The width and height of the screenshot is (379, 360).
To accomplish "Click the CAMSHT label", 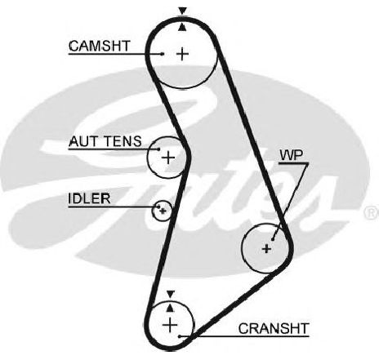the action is click(100, 46).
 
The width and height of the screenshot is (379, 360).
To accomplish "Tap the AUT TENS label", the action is click(105, 141).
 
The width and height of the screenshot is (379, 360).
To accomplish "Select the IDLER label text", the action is click(89, 198).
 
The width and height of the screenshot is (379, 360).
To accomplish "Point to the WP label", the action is click(292, 155).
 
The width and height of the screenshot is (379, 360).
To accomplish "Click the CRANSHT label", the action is click(274, 328).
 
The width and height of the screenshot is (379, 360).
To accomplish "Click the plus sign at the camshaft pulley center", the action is click(183, 54).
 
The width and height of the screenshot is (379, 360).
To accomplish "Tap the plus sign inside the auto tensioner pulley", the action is click(168, 158).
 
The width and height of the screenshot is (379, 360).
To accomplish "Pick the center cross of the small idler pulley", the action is click(163, 211).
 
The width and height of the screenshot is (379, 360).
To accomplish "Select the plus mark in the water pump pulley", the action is click(266, 248).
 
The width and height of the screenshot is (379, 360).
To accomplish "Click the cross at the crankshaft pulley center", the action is click(170, 325).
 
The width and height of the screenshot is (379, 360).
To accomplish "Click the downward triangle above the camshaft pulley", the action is click(183, 11).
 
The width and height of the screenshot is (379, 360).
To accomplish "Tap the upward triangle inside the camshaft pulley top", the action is click(183, 27).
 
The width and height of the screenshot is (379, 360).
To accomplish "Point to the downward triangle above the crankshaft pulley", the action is click(171, 294).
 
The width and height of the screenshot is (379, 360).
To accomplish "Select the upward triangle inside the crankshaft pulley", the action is click(170, 308).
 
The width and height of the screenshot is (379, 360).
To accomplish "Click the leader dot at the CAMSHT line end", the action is click(163, 54).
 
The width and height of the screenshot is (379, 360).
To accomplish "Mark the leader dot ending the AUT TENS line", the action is click(158, 149).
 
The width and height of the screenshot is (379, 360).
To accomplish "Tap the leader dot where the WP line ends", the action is click(273, 239).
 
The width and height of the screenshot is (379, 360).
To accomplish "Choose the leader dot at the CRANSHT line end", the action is click(180, 336).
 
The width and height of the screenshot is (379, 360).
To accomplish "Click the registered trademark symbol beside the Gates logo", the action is click(372, 212).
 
